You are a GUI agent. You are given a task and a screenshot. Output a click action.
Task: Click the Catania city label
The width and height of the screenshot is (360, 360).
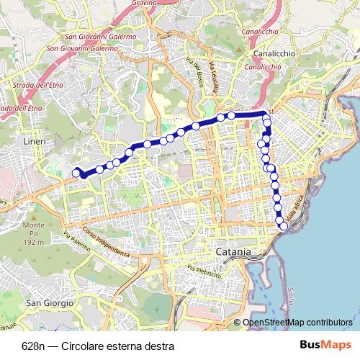pos(234,253)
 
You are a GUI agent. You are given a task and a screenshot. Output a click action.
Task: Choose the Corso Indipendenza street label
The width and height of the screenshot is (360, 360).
pos(105,244)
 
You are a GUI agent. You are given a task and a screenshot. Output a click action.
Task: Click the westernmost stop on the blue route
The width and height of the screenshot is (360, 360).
pos(76,173)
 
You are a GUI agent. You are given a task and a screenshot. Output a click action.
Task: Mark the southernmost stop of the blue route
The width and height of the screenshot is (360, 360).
pos(283,227)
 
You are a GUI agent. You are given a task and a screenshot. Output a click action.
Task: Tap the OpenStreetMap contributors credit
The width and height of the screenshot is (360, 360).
pos(298,323)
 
